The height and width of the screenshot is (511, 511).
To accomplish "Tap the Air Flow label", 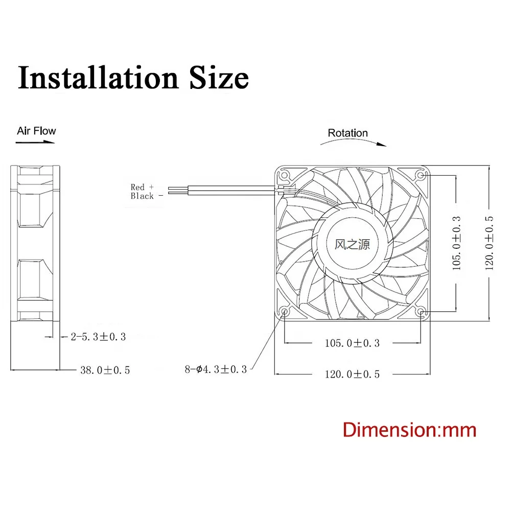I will [x=36, y=131].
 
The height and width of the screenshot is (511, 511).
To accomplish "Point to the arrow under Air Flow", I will [x=35, y=142].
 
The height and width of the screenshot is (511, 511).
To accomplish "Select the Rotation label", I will [x=347, y=133].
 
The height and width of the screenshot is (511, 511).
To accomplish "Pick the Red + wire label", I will [x=142, y=187].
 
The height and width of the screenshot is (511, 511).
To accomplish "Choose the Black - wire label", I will [x=146, y=196].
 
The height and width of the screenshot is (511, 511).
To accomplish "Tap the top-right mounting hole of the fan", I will [x=421, y=175].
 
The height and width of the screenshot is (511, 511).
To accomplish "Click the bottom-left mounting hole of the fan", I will [x=285, y=311].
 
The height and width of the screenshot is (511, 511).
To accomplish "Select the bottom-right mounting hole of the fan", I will [x=421, y=311].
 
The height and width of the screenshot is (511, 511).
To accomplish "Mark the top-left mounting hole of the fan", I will [x=285, y=175].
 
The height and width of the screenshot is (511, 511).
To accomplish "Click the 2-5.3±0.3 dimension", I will [x=98, y=336].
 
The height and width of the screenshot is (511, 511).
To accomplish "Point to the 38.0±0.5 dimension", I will [x=105, y=370].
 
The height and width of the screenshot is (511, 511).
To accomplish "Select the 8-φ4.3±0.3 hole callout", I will [x=216, y=369].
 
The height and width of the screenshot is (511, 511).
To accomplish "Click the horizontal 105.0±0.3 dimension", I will [x=352, y=343].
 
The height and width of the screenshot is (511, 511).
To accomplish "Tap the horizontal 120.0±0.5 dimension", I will [x=352, y=374].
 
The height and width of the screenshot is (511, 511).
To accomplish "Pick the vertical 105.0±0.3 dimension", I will [x=456, y=243].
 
